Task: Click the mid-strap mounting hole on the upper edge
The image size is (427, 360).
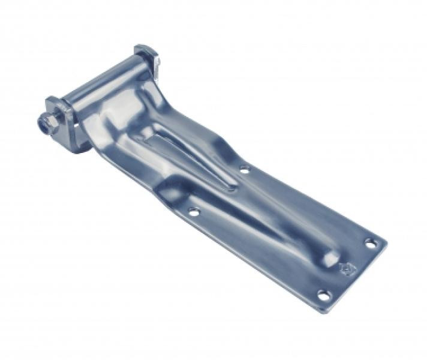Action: tap(244, 170)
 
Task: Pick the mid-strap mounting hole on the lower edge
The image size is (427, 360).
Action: tap(193, 211)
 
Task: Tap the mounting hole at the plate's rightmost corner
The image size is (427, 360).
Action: tap(371, 244)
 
